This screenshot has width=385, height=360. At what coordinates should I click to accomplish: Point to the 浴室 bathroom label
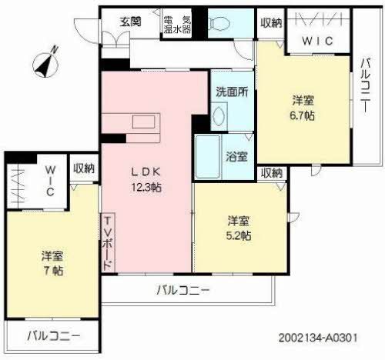pos(236,157)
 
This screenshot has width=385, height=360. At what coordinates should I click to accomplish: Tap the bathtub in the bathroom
pos(206,156)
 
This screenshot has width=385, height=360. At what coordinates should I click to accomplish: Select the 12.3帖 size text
pos(146,187)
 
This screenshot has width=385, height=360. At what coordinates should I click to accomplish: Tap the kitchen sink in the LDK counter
pos(143,122)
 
